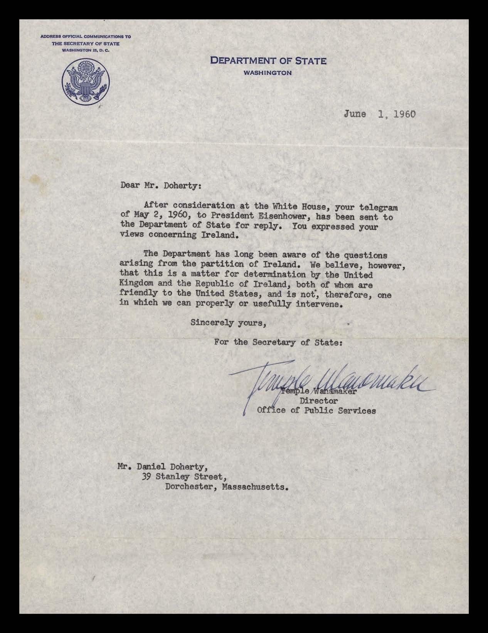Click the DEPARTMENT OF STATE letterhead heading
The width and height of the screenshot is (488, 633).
(x=268, y=61)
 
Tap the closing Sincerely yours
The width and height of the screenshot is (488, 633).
(x=228, y=323)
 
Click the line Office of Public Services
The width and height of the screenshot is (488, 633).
(x=316, y=411)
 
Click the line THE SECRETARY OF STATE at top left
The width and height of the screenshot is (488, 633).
(x=86, y=44)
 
